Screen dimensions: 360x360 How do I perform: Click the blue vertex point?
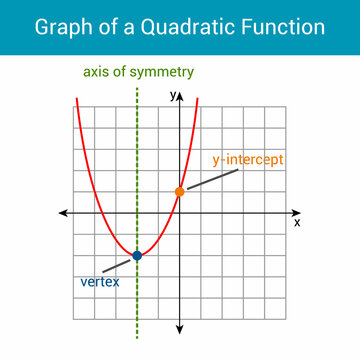(137, 256)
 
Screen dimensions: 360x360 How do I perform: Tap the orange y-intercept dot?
(180, 191)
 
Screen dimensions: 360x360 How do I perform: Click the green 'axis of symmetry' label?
(139, 72)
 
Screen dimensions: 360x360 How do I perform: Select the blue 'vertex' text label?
(99, 282)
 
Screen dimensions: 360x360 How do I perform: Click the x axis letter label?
(297, 223)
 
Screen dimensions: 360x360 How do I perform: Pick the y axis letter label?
(172, 94)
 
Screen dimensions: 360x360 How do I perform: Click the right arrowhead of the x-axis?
(296, 213)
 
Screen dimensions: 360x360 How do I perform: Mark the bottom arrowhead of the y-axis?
(180, 329)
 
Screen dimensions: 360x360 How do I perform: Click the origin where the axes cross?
(180, 213)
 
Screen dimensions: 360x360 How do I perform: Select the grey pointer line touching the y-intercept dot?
(212, 180)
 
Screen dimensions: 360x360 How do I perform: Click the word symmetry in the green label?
(163, 72)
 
